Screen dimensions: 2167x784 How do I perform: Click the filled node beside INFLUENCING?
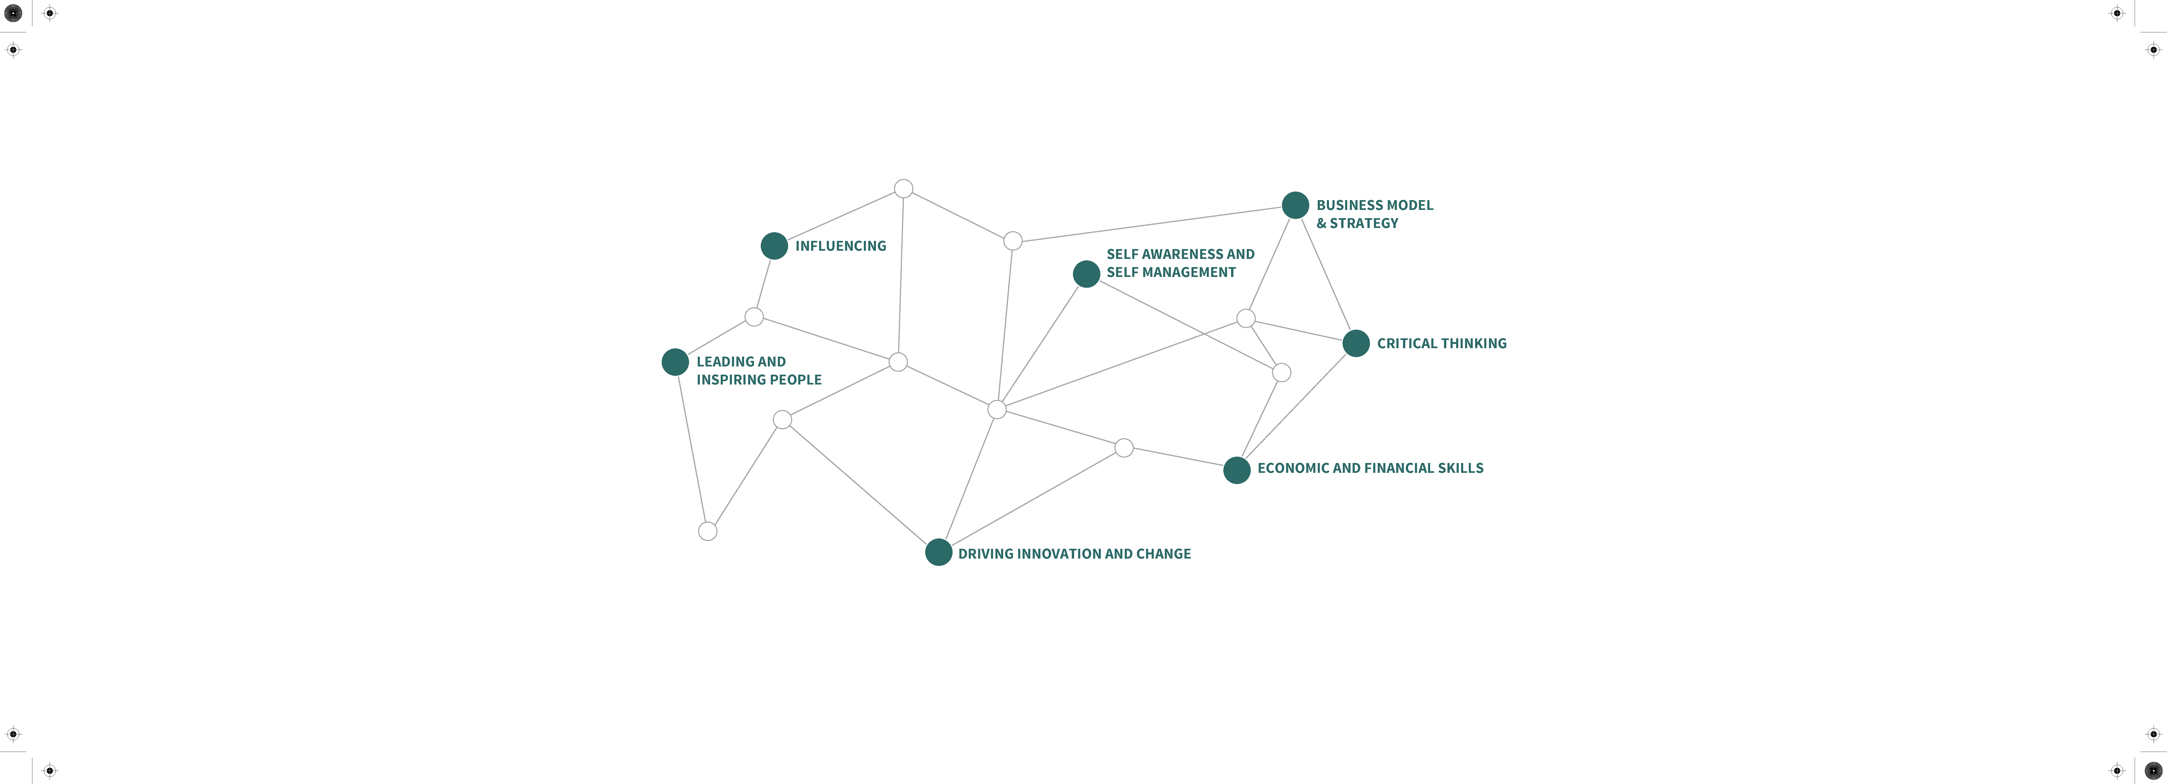(x=774, y=246)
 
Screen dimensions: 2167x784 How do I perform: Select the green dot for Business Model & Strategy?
(x=1295, y=204)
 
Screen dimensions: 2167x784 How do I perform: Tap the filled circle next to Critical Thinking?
(x=1356, y=343)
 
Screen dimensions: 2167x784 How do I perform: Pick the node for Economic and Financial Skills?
(x=1237, y=470)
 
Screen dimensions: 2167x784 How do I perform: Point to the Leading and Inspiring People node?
(x=675, y=362)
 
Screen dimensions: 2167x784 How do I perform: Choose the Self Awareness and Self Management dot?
(x=1087, y=273)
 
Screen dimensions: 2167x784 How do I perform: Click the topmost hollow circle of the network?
(x=903, y=188)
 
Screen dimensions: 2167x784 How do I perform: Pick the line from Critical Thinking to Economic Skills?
(x=1296, y=406)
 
